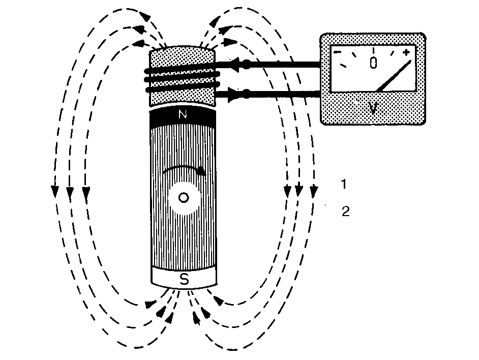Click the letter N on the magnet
(x=183, y=114)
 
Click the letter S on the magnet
(x=184, y=279)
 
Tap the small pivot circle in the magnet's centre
(x=184, y=198)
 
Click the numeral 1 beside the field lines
(x=344, y=184)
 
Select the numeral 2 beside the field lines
(x=345, y=212)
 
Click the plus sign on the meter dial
(x=406, y=52)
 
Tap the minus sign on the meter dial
(x=337, y=52)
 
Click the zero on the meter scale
(x=373, y=63)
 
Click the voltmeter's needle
(x=394, y=76)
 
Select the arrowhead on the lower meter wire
(x=233, y=94)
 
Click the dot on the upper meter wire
(x=246, y=64)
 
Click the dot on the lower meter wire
(x=246, y=94)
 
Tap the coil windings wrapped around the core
(x=183, y=79)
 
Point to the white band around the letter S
(x=184, y=278)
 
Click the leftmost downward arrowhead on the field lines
(x=55, y=191)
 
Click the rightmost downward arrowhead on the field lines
(x=314, y=191)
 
